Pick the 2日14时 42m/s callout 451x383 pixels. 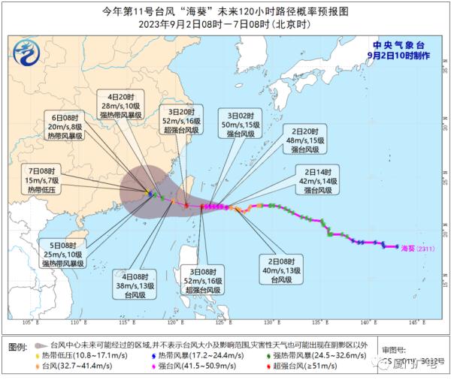pos(315,180)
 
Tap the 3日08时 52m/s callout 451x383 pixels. pos(203,280)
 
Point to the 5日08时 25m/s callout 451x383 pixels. pos(61,255)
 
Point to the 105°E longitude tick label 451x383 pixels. pos(32,323)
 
